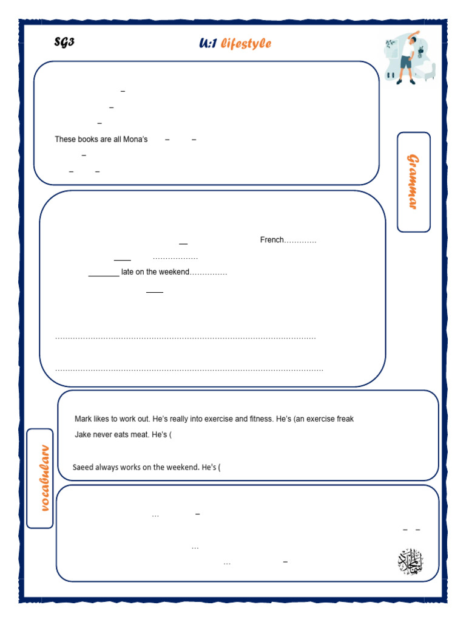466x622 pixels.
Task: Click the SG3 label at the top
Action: coord(64,42)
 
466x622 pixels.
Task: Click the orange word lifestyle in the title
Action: coord(246,43)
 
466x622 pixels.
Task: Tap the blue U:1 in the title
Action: coord(208,43)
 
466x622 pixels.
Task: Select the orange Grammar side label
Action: coord(413,182)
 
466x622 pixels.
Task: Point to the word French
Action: coord(272,240)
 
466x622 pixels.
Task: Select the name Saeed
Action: coord(83,467)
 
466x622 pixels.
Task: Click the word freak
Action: coord(344,419)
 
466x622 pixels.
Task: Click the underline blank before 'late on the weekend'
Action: coord(104,275)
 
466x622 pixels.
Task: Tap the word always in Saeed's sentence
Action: coord(119,467)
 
